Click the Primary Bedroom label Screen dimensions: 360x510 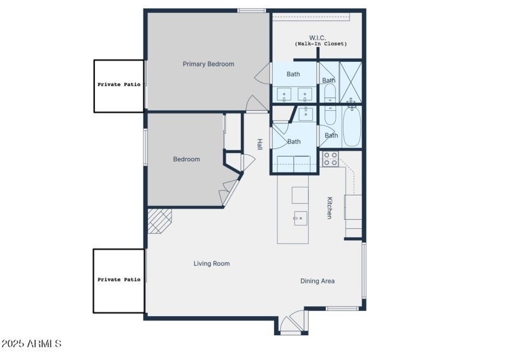[x=208, y=64]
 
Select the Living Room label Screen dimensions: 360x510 [x=212, y=263]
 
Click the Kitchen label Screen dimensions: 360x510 [x=330, y=208]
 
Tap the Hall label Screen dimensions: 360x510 [x=259, y=145]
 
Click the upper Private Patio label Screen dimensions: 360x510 [x=119, y=84]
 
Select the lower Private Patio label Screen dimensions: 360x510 [x=119, y=279]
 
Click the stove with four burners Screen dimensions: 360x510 [x=330, y=159]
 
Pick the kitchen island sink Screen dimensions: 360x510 [x=299, y=218]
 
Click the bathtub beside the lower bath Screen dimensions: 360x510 [x=351, y=126]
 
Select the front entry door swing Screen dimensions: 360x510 [x=293, y=322]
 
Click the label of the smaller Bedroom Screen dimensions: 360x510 [x=186, y=159]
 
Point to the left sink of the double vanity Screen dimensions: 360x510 [x=284, y=96]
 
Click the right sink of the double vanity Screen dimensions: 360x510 [x=305, y=96]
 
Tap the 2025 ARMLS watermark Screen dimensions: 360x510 [x=31, y=343]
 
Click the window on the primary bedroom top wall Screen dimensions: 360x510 [x=252, y=10]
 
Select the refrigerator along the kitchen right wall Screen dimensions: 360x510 [x=353, y=206]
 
